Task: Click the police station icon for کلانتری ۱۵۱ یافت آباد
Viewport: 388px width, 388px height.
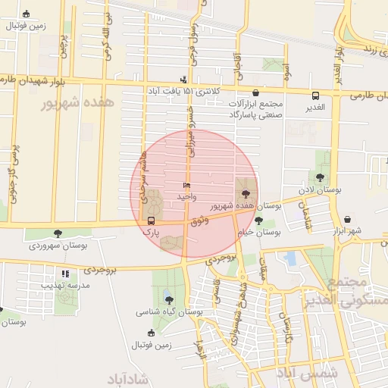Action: (183, 80)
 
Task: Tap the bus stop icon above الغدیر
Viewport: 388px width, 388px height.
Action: (315, 95)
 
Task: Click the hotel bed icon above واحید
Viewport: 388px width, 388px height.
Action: (186, 186)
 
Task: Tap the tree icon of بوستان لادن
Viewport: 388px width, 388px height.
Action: (321, 177)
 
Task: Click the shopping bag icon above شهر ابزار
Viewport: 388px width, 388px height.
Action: (347, 219)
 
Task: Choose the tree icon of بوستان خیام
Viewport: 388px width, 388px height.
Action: (259, 221)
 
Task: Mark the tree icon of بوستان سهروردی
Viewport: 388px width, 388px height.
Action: (58, 234)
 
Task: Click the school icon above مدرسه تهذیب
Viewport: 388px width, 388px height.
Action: (66, 274)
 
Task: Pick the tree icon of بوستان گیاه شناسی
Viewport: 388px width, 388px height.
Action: (168, 300)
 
